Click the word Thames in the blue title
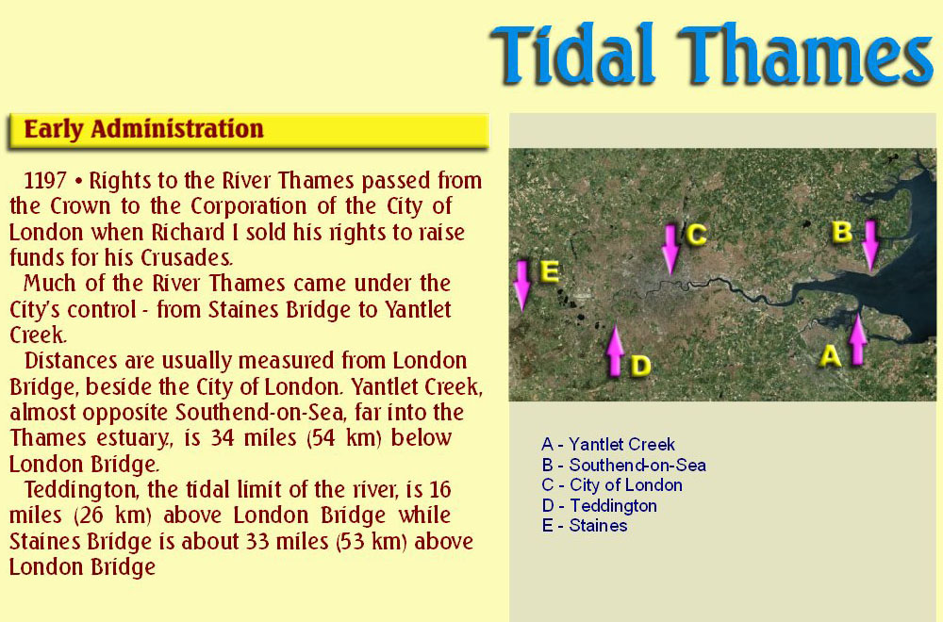pos(805,54)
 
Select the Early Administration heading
pos(143,129)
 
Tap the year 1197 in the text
pos(45,180)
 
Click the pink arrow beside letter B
pos(870,246)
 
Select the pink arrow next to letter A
pos(857,339)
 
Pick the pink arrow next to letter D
pos(615,351)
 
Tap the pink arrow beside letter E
pos(522,286)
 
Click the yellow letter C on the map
pos(697,235)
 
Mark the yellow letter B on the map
pos(842,232)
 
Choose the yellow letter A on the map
pos(831,356)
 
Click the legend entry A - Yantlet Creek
pos(608,444)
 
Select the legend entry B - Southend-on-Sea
pos(623,465)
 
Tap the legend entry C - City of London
pos(612,485)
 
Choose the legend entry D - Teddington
pos(599,505)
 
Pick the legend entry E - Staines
pos(585,525)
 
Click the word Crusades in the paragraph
pos(186,258)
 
